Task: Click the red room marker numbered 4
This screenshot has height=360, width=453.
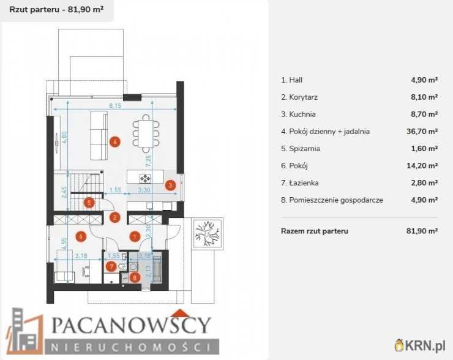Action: coord(114,142)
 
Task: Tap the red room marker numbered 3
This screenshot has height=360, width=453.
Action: coord(171,184)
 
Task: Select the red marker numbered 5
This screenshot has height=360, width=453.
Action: coord(89,203)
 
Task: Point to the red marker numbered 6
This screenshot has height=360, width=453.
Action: coord(79,235)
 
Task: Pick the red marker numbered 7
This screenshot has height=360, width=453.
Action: coord(111,266)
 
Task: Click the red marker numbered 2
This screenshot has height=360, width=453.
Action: coord(114,217)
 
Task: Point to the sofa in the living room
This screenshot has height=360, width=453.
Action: coord(99,135)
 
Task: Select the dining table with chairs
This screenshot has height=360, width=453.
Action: coord(146,132)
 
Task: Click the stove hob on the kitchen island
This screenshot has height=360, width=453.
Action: coord(146,178)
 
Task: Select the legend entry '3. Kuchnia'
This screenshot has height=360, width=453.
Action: coord(299,114)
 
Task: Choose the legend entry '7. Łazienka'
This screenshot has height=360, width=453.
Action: coord(300,182)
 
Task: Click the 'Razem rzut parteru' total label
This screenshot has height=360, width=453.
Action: coord(314,231)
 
